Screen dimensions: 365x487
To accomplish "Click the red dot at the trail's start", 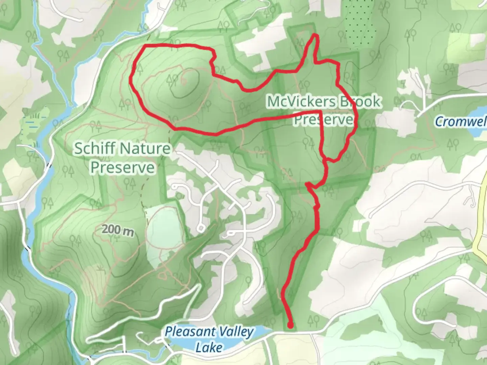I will tap(290, 325).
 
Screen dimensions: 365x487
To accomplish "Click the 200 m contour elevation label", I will tap(118, 230).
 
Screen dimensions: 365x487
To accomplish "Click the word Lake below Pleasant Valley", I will tap(209, 347).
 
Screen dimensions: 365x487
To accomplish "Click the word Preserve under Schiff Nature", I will tap(122, 168).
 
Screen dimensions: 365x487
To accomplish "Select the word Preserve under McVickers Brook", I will tap(323, 120).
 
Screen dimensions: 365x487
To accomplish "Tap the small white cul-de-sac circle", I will tap(201, 229).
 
